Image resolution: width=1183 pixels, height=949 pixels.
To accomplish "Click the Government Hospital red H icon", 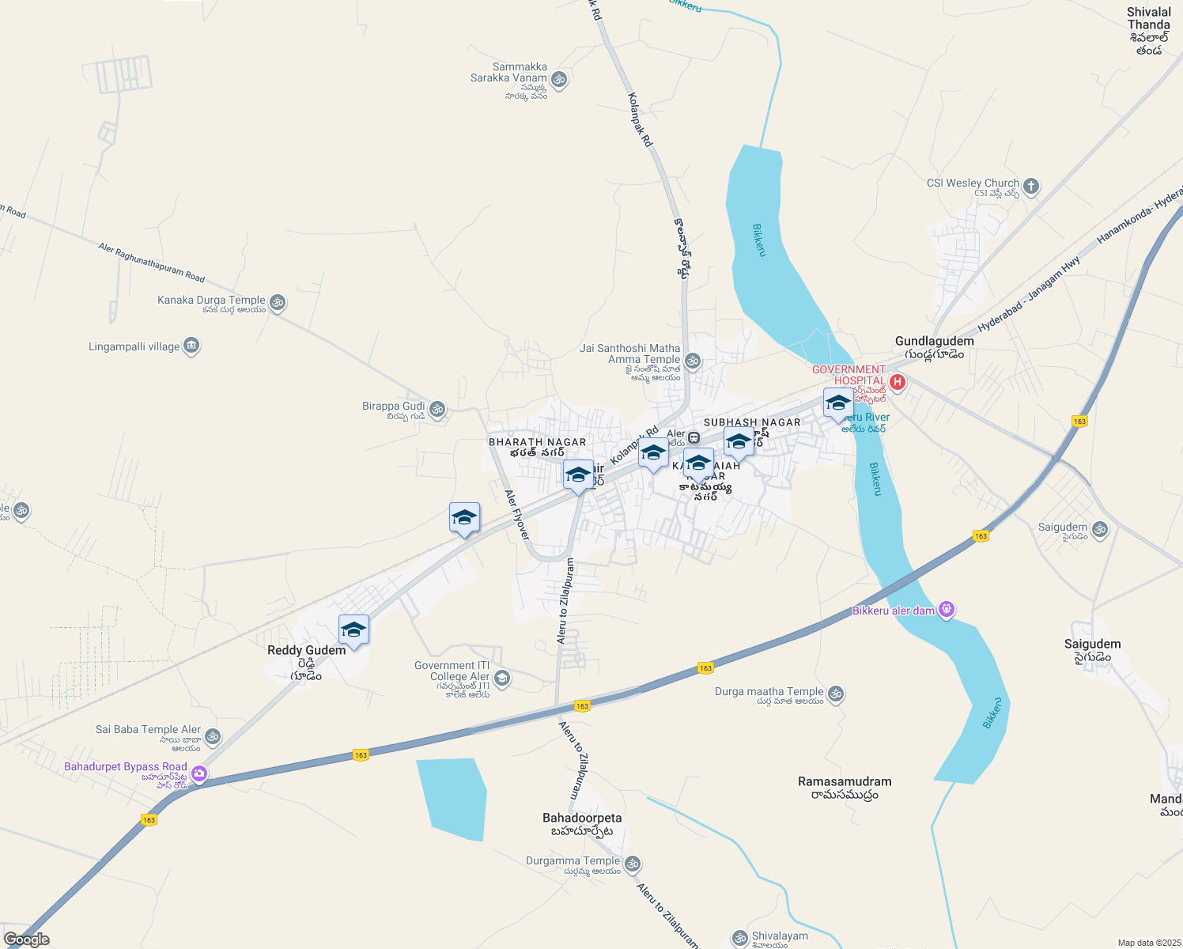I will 897,383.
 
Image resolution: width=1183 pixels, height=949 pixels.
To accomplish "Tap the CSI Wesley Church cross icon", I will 1030,187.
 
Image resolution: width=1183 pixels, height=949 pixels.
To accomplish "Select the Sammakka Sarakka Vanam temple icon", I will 559,79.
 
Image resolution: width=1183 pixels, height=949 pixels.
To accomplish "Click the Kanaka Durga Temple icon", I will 277,303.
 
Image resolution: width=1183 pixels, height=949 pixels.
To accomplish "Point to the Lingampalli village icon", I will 191,346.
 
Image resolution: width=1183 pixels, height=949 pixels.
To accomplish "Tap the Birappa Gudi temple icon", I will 437,410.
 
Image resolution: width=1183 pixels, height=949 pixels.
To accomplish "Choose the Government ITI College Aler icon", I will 501,679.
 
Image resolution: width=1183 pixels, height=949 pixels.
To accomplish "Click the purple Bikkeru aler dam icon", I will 947,610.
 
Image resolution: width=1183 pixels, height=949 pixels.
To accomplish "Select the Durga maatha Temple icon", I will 836,694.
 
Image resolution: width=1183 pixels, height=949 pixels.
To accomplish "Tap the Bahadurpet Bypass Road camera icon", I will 199,773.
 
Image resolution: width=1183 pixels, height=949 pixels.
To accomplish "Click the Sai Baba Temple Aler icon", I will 212,737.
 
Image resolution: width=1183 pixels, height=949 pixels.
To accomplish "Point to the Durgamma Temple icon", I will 632,864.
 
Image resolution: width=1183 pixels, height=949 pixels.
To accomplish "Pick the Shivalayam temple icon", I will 739,939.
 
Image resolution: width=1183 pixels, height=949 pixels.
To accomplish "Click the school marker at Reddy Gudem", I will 353,630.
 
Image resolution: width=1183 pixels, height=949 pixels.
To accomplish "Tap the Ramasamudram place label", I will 845,781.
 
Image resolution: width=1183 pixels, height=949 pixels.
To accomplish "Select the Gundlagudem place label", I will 934,341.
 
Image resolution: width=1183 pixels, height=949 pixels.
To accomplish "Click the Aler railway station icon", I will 694,437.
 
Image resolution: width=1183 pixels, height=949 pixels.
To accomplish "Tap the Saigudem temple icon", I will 1099,529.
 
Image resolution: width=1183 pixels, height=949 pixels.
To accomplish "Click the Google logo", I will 26,940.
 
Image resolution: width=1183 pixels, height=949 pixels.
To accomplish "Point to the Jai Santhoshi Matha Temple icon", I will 692,361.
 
